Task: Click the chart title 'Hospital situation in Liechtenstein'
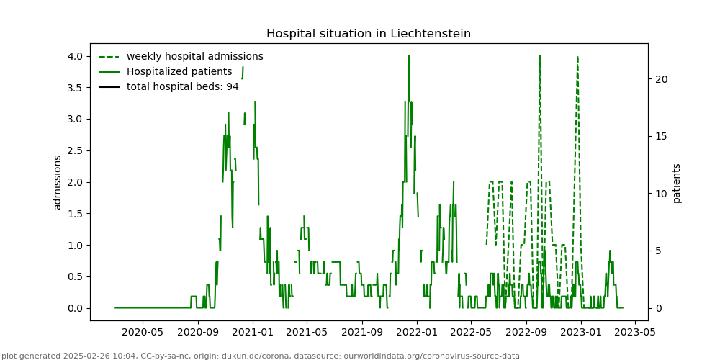[369, 34]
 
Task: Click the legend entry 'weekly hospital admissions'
[194, 56]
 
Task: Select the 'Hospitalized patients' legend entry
[179, 72]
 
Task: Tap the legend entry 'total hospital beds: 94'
[182, 87]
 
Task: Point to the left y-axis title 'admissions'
[58, 182]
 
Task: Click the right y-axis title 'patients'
[677, 182]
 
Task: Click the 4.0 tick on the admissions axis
[75, 56]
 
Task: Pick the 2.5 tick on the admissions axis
[75, 150]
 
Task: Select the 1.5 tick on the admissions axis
[75, 214]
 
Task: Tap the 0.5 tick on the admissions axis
[75, 276]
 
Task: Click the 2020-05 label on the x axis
[142, 333]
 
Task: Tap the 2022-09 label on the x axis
[526, 333]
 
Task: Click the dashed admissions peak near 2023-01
[577, 57]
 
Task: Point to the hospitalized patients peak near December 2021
[408, 56]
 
